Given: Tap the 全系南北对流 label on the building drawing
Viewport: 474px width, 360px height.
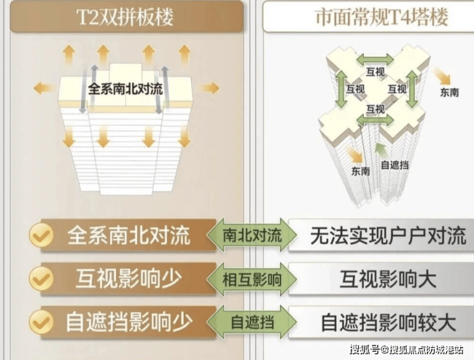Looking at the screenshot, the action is coord(126,89).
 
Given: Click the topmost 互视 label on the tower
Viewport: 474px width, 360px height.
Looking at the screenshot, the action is coord(375,72).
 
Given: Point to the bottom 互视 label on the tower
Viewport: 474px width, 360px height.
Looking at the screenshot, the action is coord(375,109).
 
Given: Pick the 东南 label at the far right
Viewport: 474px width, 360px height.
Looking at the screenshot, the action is coord(449,92).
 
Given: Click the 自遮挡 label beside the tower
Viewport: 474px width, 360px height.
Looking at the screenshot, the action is coord(395,165).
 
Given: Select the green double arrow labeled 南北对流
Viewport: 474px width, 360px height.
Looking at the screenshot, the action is coord(252,235).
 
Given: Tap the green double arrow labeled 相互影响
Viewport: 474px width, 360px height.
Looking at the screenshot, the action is coord(252,279).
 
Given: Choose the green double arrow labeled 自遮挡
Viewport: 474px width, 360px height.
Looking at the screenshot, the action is coord(252,322).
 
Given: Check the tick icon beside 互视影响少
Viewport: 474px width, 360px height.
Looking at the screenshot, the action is coord(41,279).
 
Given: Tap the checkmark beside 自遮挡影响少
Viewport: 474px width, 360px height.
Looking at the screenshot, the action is coord(41,322).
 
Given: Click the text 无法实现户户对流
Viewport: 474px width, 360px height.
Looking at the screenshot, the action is coord(388,236).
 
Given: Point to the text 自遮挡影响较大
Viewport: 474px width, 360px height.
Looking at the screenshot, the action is coord(388,322).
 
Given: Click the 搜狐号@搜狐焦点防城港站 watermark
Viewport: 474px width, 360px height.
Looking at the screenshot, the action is coord(407,350).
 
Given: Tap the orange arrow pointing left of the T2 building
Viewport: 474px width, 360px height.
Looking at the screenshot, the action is coord(44,88).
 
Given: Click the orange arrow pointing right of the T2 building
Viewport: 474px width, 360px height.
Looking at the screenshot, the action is coord(209,88).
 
